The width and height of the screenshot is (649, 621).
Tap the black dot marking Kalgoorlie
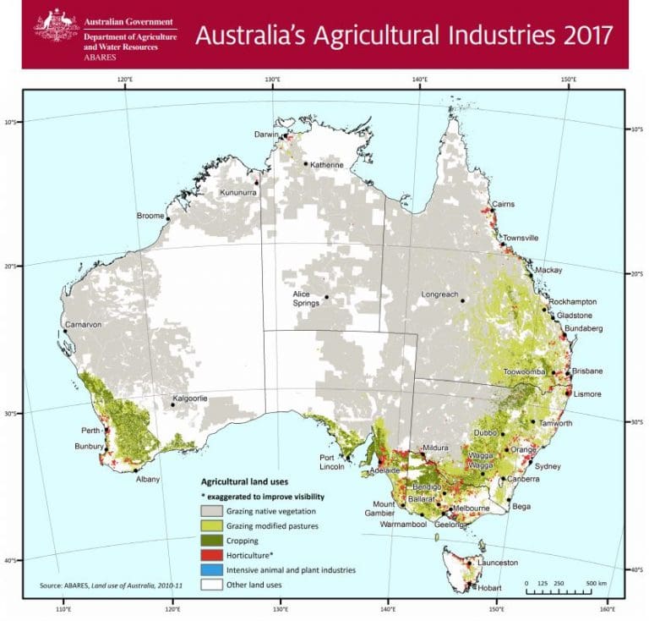point(173,404)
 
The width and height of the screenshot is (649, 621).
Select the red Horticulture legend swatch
point(210,555)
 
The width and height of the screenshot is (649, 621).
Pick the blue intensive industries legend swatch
point(210,570)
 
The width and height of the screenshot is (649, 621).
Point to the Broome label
point(150,216)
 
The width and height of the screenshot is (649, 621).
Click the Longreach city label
point(439,294)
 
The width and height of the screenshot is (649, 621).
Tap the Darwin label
point(267,135)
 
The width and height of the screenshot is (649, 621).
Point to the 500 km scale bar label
point(597,583)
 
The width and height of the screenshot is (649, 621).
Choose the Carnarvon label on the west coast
point(83,324)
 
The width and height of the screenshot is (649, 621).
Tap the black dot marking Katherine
point(305,164)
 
